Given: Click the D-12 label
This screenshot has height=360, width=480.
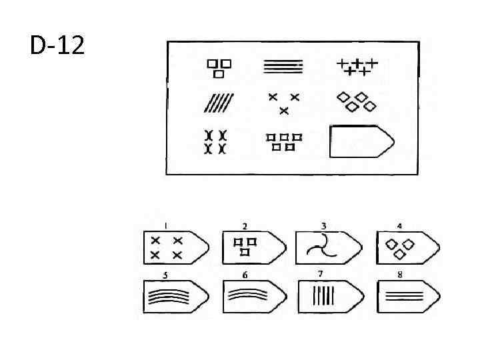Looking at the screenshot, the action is pos(56,46).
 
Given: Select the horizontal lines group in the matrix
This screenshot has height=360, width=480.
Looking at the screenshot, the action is pos(283,66).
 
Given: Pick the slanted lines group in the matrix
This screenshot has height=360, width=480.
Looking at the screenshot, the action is pos(220,103).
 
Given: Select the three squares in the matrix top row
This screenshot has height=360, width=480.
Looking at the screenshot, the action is pos(219,67).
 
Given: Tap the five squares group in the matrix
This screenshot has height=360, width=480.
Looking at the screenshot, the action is pos(284,141).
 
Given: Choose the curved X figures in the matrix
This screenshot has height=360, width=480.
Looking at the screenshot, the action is pos(215,141).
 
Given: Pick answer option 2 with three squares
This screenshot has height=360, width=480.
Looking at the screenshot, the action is pos(254,248).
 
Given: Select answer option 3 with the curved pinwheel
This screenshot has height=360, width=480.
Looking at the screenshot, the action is pos(327,248).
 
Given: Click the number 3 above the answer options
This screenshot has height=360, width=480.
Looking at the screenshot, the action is pos(323,225).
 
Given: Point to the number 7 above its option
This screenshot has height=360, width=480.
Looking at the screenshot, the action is pos(320,274).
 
